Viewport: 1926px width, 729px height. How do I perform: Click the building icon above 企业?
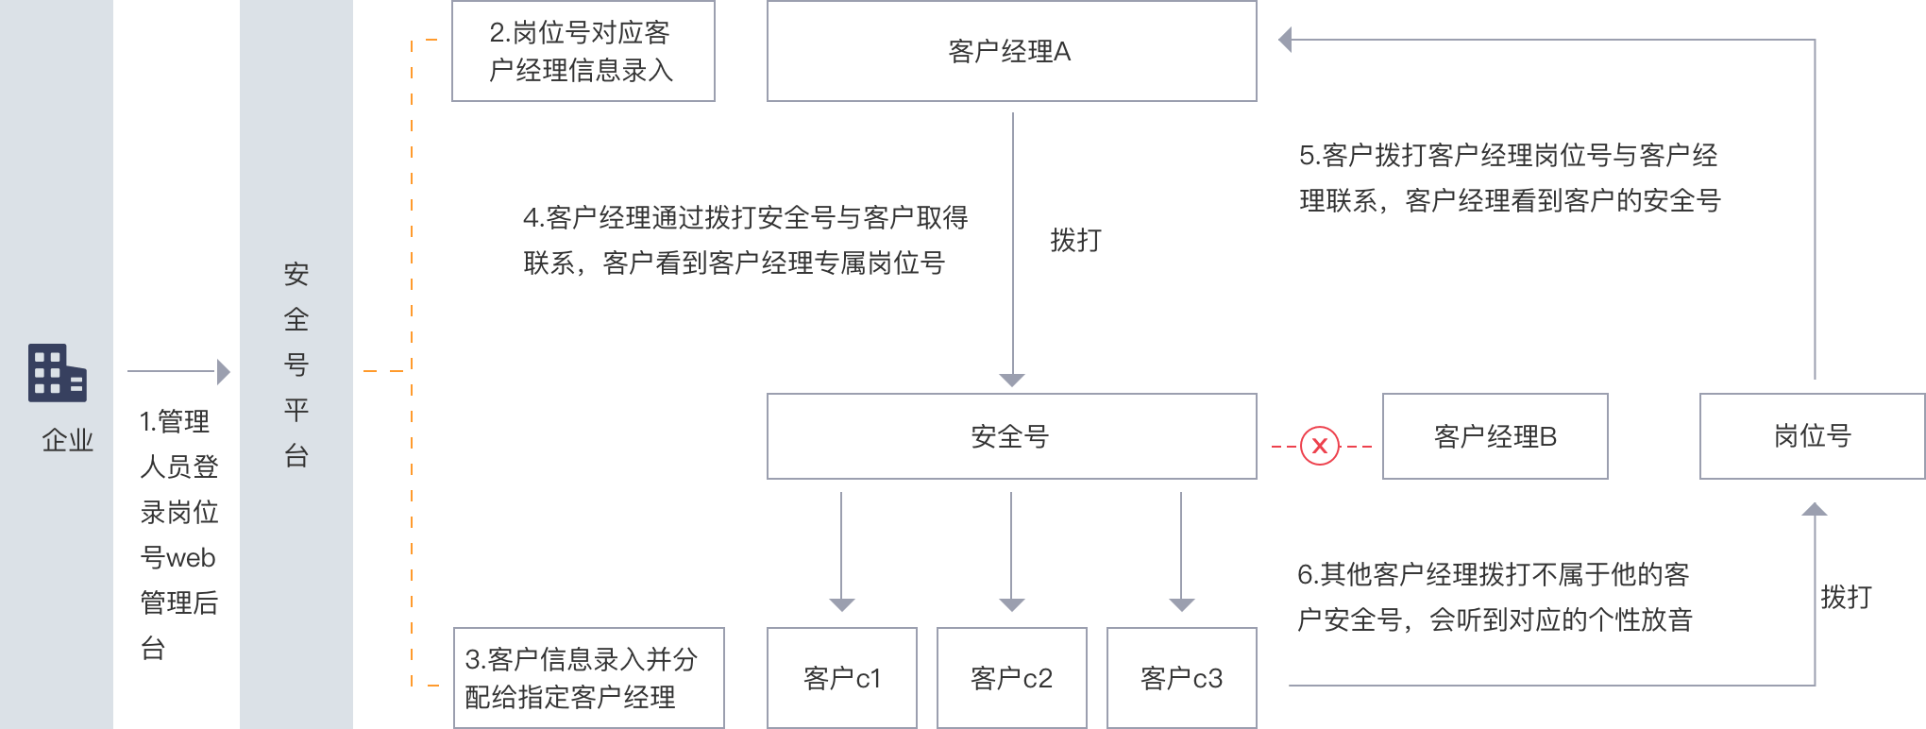[57, 373]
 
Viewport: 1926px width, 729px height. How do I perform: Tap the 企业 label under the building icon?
[68, 440]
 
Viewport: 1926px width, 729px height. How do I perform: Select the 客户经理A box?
[1011, 51]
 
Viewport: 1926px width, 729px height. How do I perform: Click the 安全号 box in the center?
[1011, 436]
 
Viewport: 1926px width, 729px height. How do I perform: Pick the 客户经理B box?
[1495, 436]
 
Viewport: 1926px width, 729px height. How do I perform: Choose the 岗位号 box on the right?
[1812, 436]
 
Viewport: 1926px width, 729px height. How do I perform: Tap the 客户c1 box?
[841, 678]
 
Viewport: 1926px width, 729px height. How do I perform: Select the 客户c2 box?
[1011, 678]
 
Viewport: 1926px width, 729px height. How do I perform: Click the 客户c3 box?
[1181, 678]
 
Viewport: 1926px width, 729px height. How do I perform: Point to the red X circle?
[1320, 446]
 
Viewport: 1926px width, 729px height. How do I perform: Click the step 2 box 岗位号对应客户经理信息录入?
[583, 51]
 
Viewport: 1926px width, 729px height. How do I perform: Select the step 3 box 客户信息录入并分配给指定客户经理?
[588, 678]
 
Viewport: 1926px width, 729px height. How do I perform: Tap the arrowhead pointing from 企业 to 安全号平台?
[224, 372]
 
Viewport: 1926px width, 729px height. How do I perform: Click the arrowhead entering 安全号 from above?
[1012, 381]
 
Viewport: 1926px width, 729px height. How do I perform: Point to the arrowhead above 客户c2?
[1012, 605]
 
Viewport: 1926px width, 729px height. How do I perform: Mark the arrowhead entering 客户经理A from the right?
[1285, 40]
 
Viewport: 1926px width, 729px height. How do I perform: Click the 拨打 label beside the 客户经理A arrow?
[1076, 240]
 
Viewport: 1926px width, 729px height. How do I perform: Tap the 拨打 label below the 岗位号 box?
[1846, 597]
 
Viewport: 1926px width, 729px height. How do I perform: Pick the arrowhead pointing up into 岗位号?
[1815, 510]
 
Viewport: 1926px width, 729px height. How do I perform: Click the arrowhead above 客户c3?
[1182, 605]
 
